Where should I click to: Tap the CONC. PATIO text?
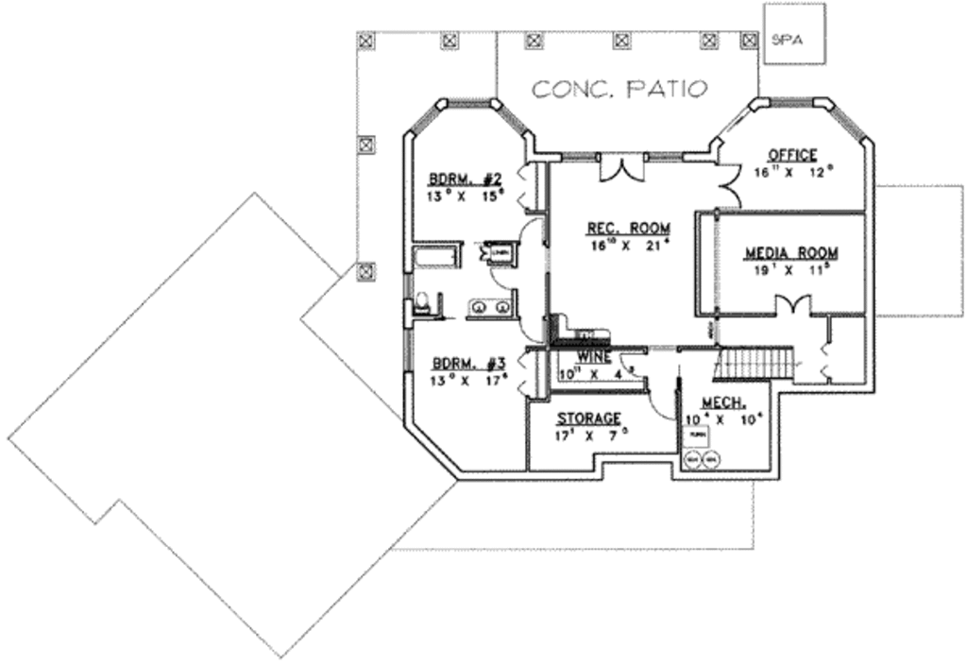[x=619, y=90]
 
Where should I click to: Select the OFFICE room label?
[x=791, y=155]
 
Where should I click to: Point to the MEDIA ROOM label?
[x=790, y=252]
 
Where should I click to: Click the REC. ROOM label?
[x=628, y=228]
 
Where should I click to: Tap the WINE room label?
[x=593, y=357]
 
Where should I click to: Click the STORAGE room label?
[x=588, y=418]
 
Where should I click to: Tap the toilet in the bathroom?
[x=422, y=303]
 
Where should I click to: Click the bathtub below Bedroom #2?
[x=435, y=258]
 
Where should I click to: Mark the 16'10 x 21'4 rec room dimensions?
[x=628, y=246]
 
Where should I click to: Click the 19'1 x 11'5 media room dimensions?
[x=790, y=270]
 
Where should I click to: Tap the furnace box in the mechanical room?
[x=699, y=435]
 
